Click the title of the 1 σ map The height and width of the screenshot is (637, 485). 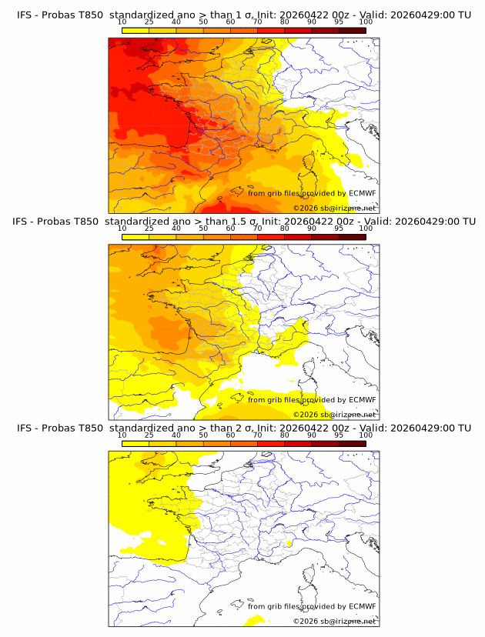coord(243,15)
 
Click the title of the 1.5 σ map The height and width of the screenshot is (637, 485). coord(243,222)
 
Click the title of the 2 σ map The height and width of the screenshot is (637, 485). coord(243,428)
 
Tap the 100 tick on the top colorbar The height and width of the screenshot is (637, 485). coord(366,22)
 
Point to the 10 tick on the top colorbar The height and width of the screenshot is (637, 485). coord(122,22)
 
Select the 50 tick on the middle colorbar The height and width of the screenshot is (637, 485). coord(203,229)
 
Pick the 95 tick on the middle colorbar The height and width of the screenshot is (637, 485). coord(339,229)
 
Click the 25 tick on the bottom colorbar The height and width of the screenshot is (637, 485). coord(149,435)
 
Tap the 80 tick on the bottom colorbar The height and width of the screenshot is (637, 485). coord(285,435)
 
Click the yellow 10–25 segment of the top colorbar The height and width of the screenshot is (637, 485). coord(135,30)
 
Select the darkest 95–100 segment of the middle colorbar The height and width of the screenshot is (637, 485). coord(352,237)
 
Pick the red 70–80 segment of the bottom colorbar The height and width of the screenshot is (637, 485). coord(271,443)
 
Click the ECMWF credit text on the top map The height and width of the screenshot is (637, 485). coord(312,193)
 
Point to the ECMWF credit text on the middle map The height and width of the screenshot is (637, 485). coord(312,399)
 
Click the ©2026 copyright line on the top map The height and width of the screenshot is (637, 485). coord(334,208)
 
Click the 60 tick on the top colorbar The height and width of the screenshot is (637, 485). coord(230,22)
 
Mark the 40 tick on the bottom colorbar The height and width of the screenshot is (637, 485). coord(176,435)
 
